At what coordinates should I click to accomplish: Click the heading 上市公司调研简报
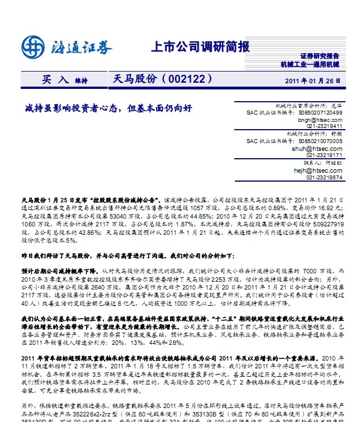pos(200,46)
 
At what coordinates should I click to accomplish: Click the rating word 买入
pos(55,79)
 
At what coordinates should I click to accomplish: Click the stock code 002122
pos(186,79)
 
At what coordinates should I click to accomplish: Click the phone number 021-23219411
pos(324,126)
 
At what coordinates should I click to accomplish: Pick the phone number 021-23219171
pos(324,156)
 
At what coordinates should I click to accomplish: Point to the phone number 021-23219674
pos(324,178)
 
